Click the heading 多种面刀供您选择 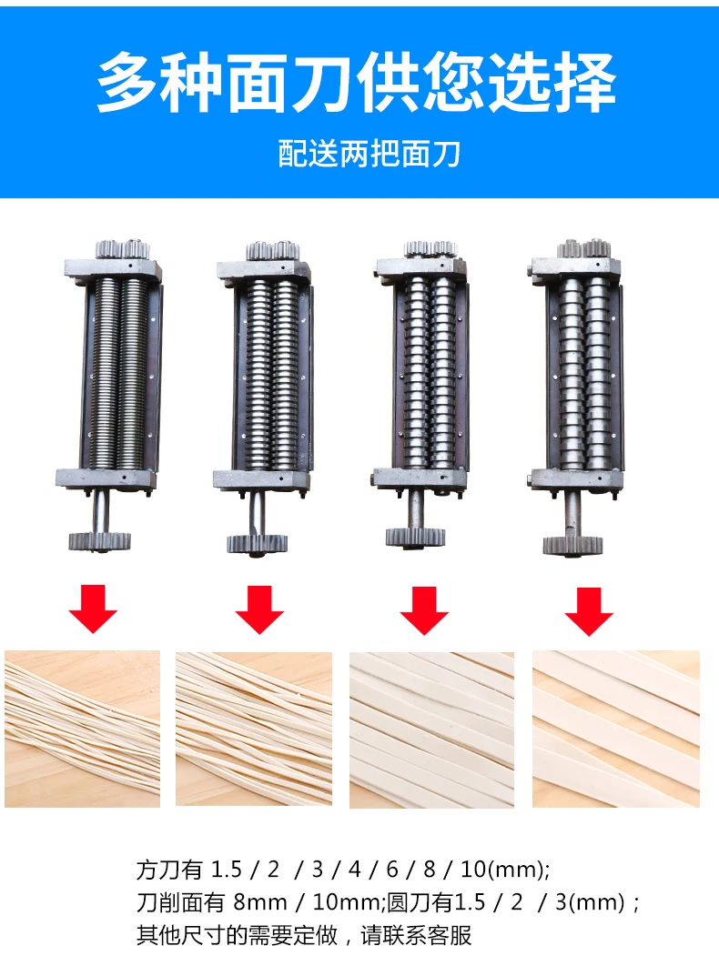coord(357,82)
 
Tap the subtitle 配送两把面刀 coord(370,154)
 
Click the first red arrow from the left coord(93,609)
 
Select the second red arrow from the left coord(259,609)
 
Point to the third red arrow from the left coord(424,610)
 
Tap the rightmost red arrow coord(590,611)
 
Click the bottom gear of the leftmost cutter coord(100,541)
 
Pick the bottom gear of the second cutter coord(257,544)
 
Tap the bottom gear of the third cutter coord(416,538)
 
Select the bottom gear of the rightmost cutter coord(573,545)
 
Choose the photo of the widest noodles coord(616,729)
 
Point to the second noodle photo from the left coord(254,729)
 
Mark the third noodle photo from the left coord(431,729)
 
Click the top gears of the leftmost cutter coord(122,249)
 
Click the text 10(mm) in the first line coord(505,869)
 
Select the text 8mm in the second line coord(260,902)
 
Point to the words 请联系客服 coord(416,935)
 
